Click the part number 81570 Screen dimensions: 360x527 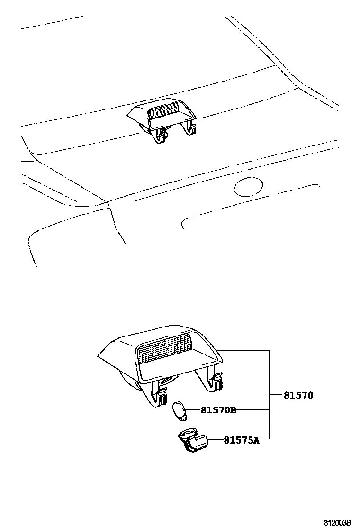298,395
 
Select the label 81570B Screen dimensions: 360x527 218,410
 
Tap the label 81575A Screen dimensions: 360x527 242,440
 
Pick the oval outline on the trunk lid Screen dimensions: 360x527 248,187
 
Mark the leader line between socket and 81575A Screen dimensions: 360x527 216,440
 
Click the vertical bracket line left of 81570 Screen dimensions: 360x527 270,395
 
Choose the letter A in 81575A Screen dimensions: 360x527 256,440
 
